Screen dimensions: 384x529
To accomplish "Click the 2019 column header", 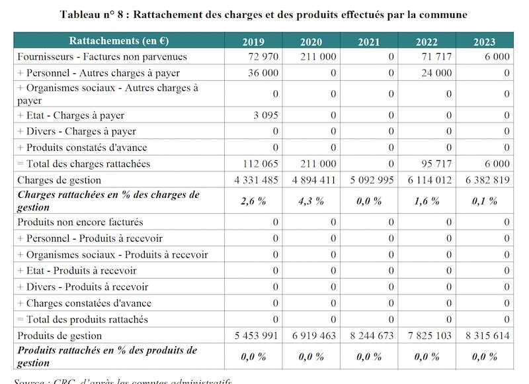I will point(253,41).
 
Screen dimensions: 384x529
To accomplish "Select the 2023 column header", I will point(484,41).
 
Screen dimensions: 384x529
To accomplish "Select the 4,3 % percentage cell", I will point(311,201).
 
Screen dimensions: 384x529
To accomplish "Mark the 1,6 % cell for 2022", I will point(427,201).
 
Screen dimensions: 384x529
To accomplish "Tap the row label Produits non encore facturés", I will point(80,222).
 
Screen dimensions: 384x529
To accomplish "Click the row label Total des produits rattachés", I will point(87,319).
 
